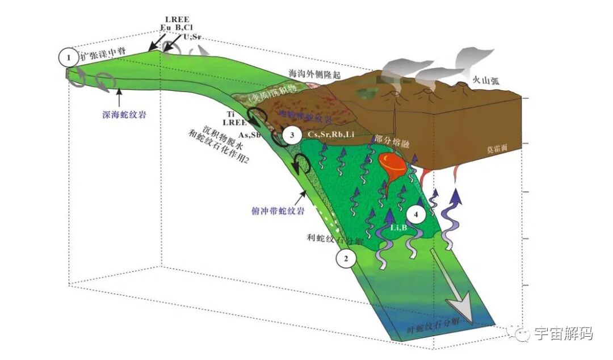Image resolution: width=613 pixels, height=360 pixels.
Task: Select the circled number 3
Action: coord(292,135)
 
